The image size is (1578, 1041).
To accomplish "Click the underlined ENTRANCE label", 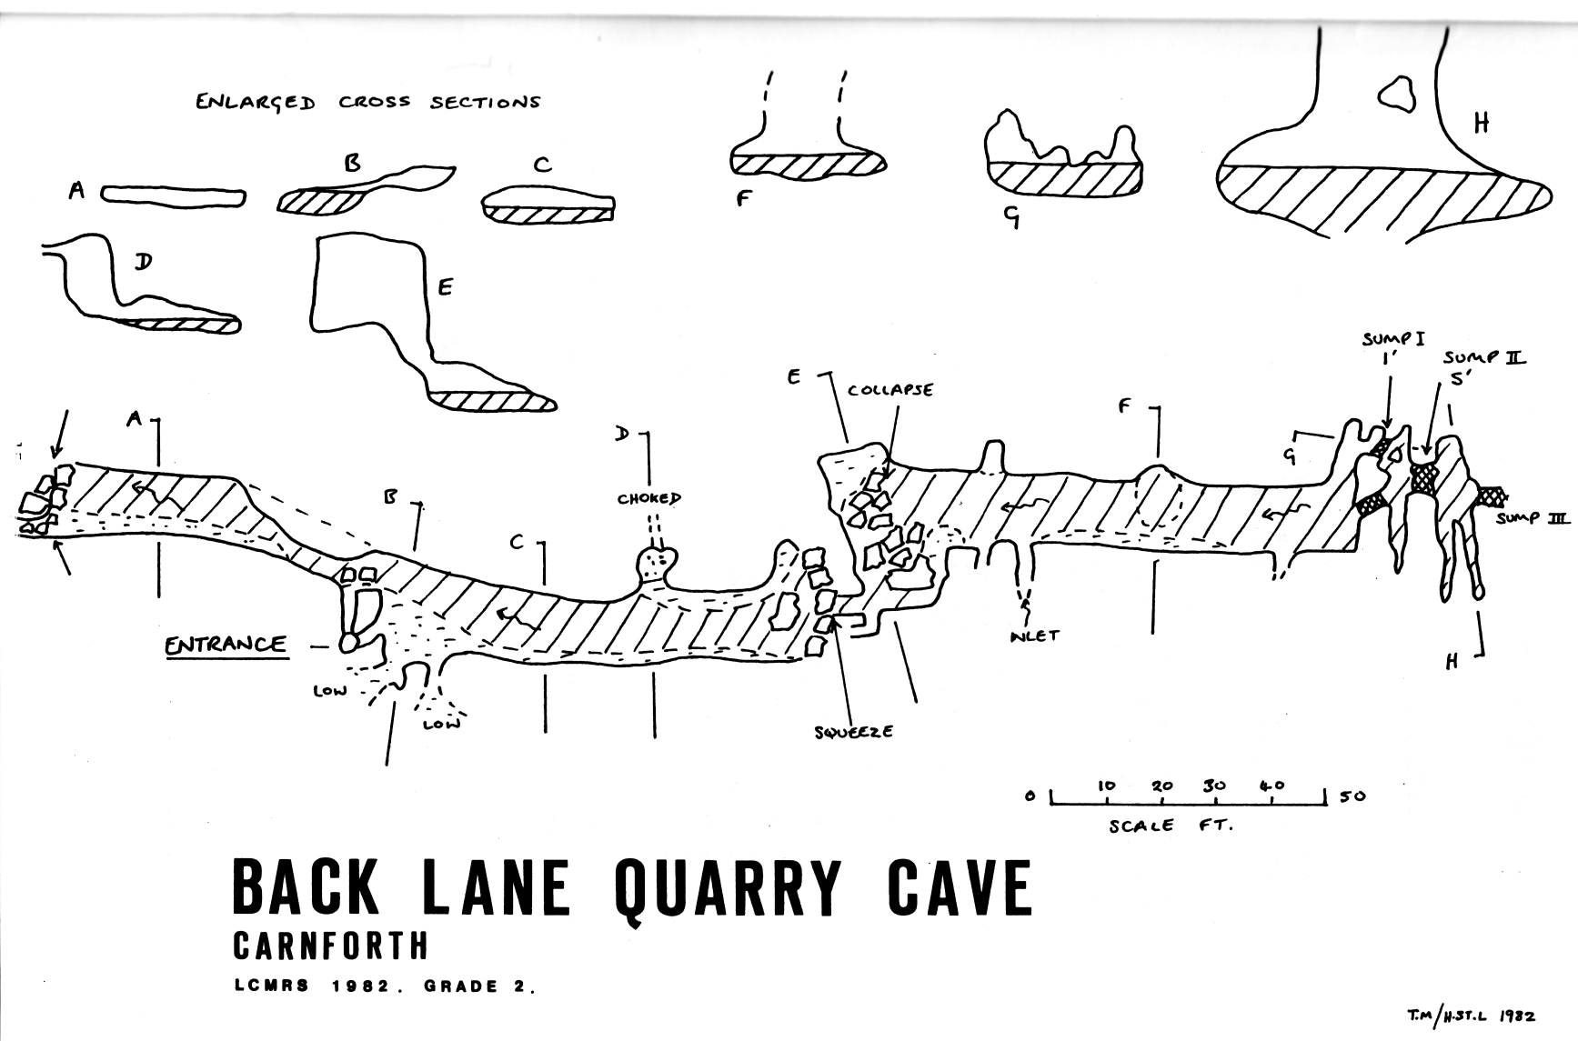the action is [x=226, y=646].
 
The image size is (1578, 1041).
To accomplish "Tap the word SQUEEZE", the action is [x=853, y=731].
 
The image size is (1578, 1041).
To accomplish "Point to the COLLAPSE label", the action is [x=890, y=390].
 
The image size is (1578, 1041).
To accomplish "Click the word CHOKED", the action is [x=649, y=498].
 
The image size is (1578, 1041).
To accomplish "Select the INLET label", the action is [x=1034, y=636].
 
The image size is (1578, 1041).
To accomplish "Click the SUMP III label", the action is [x=1533, y=518].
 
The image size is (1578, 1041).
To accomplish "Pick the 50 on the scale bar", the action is [x=1352, y=796].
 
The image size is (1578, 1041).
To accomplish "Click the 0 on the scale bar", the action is [x=1030, y=796].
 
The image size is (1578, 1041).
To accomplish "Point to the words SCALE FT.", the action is [x=1171, y=826].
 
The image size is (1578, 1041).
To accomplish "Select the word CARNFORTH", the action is [x=330, y=946].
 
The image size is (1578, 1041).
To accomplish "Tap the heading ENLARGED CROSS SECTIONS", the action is [x=367, y=102].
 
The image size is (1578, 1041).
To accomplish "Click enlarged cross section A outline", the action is [x=172, y=196].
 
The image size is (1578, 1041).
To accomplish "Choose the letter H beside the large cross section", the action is [x=1482, y=124].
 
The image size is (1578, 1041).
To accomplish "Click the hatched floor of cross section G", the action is [x=1064, y=179].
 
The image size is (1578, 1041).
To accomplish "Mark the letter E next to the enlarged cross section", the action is [x=445, y=287].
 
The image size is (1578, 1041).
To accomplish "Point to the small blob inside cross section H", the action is [x=1395, y=94].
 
